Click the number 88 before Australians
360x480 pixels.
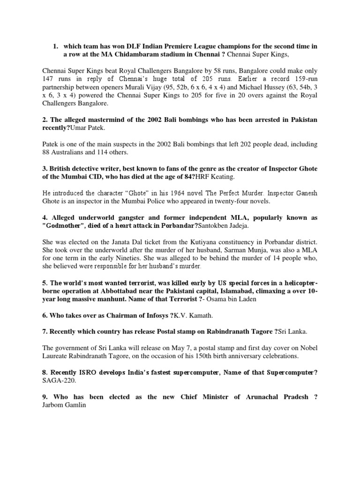pos(46,152)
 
